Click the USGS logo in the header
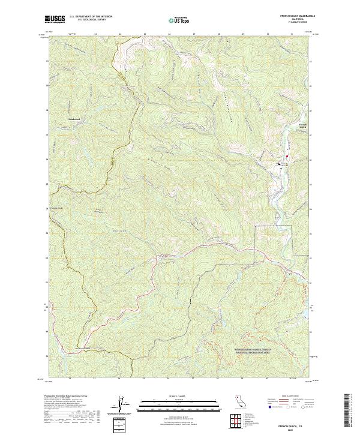(55, 19)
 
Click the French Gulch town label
(303, 126)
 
